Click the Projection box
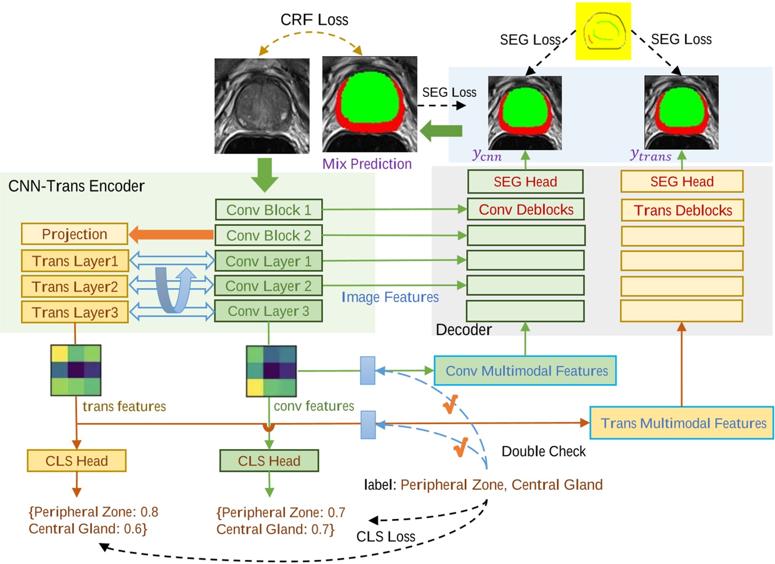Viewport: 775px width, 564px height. pyautogui.click(x=75, y=234)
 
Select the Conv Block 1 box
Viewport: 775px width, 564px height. pyautogui.click(x=268, y=210)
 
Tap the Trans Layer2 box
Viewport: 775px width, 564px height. pyautogui.click(x=75, y=286)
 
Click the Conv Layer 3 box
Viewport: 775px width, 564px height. pyautogui.click(x=268, y=311)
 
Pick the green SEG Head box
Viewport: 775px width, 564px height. pyautogui.click(x=525, y=182)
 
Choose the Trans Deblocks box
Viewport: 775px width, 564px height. pyautogui.click(x=682, y=210)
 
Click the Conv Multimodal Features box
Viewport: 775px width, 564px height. pyautogui.click(x=525, y=371)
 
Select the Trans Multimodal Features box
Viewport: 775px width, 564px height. pyautogui.click(x=682, y=423)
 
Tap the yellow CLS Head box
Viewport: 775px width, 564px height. pyautogui.click(x=76, y=461)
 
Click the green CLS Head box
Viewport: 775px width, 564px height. pyautogui.click(x=269, y=461)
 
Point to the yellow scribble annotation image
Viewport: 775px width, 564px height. pyautogui.click(x=603, y=31)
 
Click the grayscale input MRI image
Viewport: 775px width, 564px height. pyautogui.click(x=262, y=106)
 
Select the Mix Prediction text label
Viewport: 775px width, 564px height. pyautogui.click(x=367, y=164)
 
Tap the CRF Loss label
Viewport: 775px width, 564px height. pyautogui.click(x=314, y=20)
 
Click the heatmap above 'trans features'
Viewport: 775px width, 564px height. pyautogui.click(x=76, y=370)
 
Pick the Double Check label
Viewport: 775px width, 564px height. pyautogui.click(x=544, y=452)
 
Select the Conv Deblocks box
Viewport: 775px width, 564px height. pyautogui.click(x=525, y=210)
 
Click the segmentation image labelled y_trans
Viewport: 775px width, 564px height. pyautogui.click(x=681, y=112)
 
